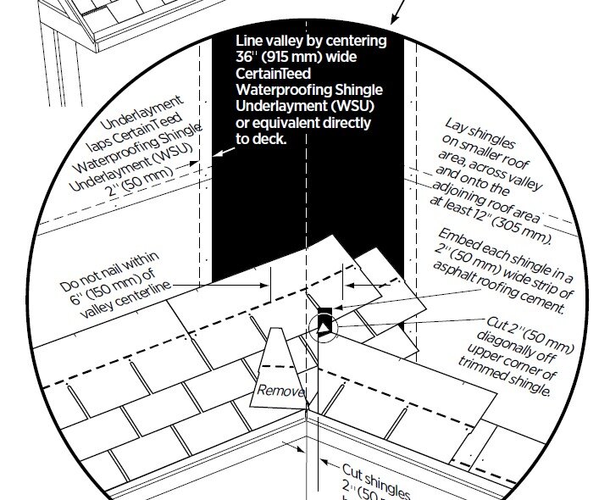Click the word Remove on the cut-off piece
(278, 392)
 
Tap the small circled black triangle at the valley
(323, 325)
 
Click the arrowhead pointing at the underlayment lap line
(217, 153)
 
